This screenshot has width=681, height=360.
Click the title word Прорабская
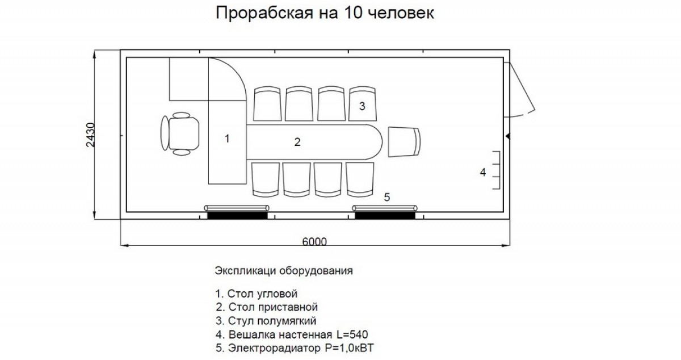click(x=264, y=13)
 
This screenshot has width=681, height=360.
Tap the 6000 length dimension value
click(x=314, y=242)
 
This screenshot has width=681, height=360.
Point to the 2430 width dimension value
click(x=91, y=135)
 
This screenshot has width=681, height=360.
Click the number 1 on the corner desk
click(x=227, y=139)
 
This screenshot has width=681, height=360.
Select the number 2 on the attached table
click(x=297, y=142)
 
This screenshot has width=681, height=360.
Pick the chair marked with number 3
click(x=362, y=103)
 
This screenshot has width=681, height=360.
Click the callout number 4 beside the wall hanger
click(x=483, y=172)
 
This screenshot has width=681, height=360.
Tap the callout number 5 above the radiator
click(x=386, y=197)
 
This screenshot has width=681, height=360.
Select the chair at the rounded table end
click(x=404, y=142)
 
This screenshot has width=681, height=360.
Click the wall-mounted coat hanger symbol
click(x=496, y=170)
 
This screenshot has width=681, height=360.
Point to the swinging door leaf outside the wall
click(x=522, y=88)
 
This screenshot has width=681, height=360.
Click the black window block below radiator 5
click(x=385, y=215)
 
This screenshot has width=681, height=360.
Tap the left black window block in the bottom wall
click(x=237, y=215)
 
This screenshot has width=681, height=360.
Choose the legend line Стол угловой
click(x=257, y=294)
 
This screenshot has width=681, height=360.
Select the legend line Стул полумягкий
click(x=266, y=321)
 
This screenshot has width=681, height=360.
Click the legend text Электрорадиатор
click(x=274, y=348)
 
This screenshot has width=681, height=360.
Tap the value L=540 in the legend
click(x=352, y=334)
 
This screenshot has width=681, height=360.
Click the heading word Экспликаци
click(x=245, y=270)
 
